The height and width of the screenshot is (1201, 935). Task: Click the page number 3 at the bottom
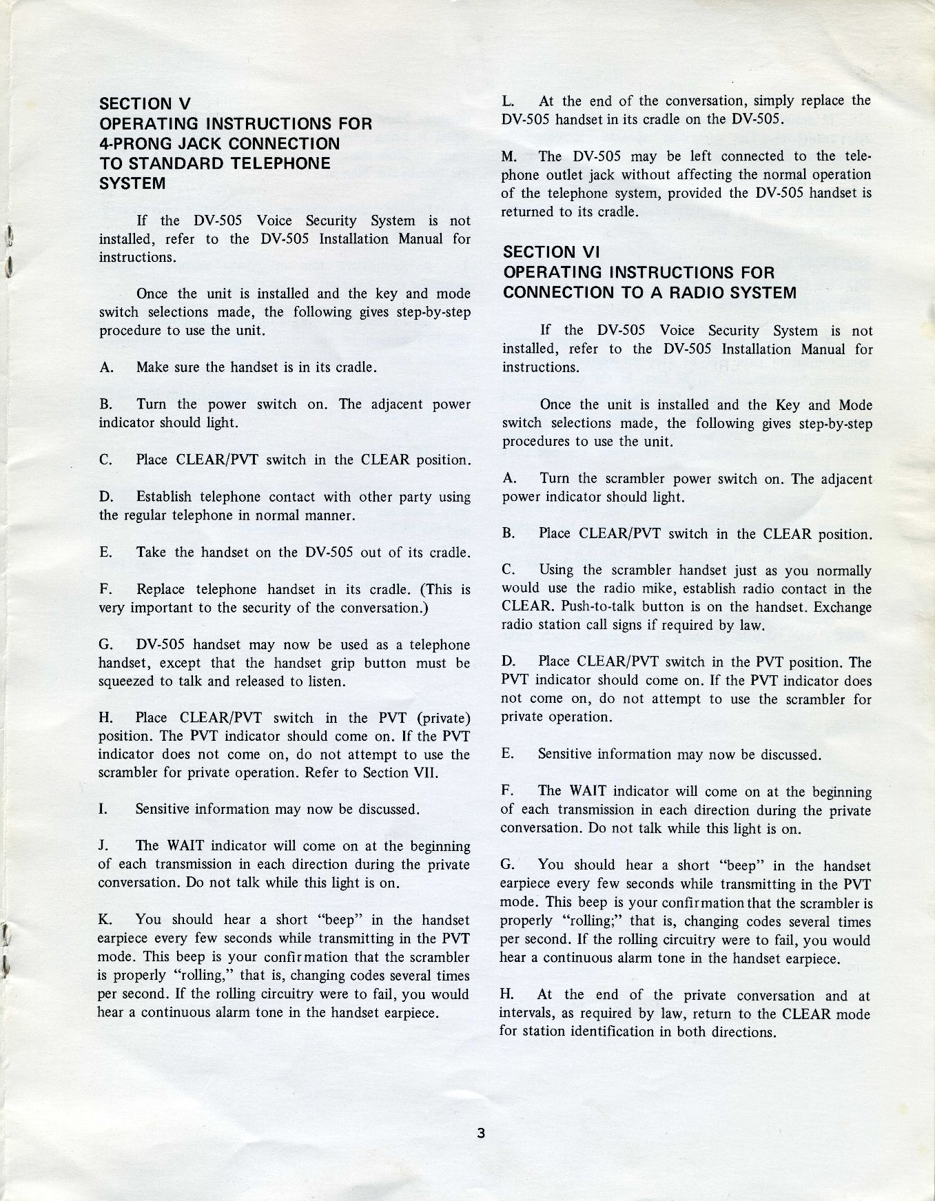tap(481, 1135)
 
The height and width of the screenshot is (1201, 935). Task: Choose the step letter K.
tap(105, 920)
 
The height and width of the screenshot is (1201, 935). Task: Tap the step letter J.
tap(103, 846)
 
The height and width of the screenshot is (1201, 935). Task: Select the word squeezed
tap(125, 681)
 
